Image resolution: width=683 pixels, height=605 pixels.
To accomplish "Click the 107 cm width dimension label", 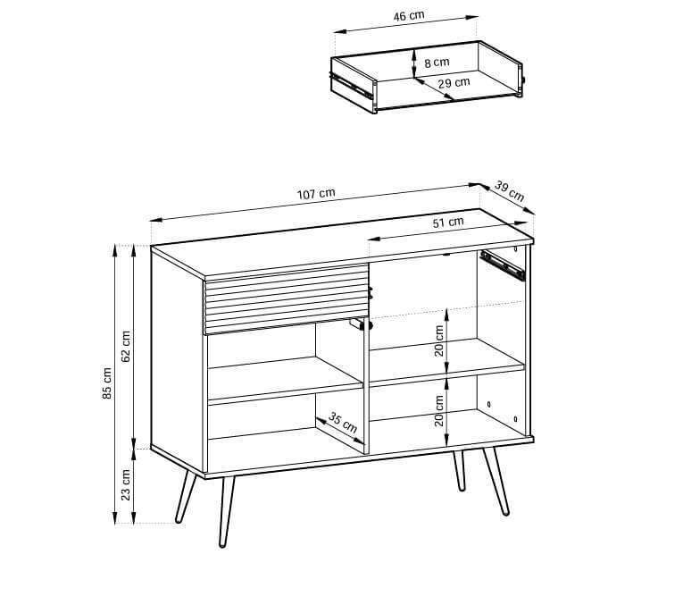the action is (316, 194).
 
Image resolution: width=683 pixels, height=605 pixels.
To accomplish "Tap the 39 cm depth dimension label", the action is (509, 191).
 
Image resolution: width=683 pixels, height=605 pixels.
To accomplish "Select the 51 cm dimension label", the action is (448, 223).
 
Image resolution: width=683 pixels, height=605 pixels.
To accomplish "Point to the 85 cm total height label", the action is (107, 383).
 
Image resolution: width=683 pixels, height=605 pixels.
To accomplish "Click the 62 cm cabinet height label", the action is (126, 346).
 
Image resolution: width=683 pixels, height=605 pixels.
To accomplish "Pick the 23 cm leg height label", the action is (126, 484).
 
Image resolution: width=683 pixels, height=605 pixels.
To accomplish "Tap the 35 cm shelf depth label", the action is (343, 423).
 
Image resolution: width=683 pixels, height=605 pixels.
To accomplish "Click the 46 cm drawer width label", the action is (409, 16).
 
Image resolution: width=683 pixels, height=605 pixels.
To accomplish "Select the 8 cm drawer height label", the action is (437, 63).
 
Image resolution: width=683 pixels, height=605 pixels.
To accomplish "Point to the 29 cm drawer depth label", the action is (454, 82).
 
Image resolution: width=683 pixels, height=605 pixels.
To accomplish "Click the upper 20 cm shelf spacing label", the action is (439, 340).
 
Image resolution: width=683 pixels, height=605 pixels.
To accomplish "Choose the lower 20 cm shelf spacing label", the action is (439, 410).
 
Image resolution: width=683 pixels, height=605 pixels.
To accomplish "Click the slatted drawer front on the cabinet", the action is (287, 299).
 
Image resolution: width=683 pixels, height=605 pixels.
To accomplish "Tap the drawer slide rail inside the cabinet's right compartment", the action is (503, 265).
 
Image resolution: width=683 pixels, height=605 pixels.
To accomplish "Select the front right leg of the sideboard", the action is (496, 481).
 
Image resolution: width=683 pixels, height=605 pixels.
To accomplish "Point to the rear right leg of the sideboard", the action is (459, 471).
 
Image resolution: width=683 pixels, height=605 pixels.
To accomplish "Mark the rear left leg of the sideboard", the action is (186, 496).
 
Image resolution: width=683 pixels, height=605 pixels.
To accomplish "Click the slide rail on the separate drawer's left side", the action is (351, 85).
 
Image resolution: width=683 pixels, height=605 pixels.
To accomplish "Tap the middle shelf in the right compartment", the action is (447, 361).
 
